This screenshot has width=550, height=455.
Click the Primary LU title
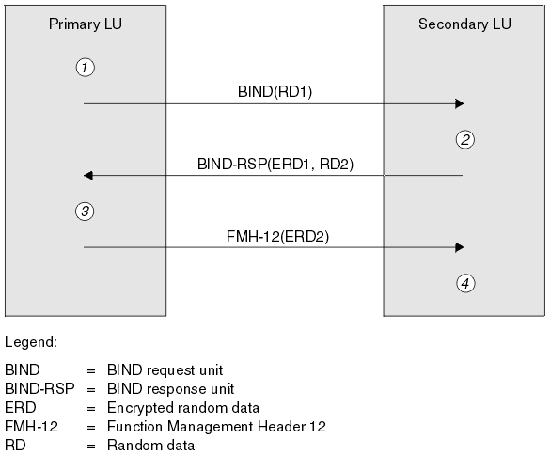(x=86, y=24)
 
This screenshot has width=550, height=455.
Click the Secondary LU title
(x=464, y=24)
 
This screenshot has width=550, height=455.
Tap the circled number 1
(x=85, y=67)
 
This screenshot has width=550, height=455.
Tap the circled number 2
(x=465, y=140)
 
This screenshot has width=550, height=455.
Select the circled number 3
(x=85, y=212)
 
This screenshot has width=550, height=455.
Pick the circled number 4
(x=465, y=284)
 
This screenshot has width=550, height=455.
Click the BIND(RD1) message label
(x=275, y=91)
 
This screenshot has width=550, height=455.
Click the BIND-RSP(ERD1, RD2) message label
(x=275, y=164)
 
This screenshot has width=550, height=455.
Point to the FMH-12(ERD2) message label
(x=277, y=236)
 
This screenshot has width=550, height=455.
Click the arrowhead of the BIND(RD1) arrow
(x=459, y=103)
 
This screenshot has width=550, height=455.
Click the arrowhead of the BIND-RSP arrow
(x=88, y=175)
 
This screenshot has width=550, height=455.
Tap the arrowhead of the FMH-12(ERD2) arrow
(x=459, y=247)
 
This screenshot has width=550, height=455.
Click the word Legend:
(x=31, y=341)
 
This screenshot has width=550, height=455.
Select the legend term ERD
(x=21, y=408)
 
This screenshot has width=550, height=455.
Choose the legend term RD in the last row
(x=15, y=446)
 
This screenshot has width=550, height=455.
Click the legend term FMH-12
(x=31, y=427)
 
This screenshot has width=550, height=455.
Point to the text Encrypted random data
(x=183, y=408)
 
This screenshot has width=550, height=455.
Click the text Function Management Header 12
(x=216, y=427)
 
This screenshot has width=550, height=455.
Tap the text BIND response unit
(x=170, y=389)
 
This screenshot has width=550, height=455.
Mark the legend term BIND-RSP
(x=39, y=388)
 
